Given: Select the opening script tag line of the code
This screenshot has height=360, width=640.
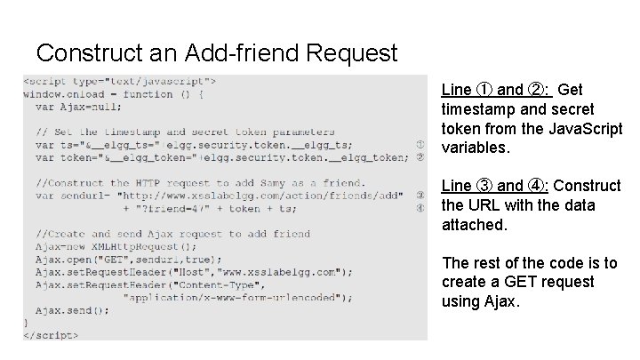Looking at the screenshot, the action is [120, 81].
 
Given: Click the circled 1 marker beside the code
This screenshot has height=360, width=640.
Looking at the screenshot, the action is [419, 144].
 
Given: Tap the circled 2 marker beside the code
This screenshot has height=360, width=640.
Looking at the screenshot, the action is [419, 157].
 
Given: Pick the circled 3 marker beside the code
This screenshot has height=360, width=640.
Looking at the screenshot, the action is [419, 196].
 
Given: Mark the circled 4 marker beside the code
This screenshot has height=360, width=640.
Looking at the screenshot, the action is [419, 208].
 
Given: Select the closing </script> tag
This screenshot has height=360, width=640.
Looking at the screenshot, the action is [52, 336].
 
